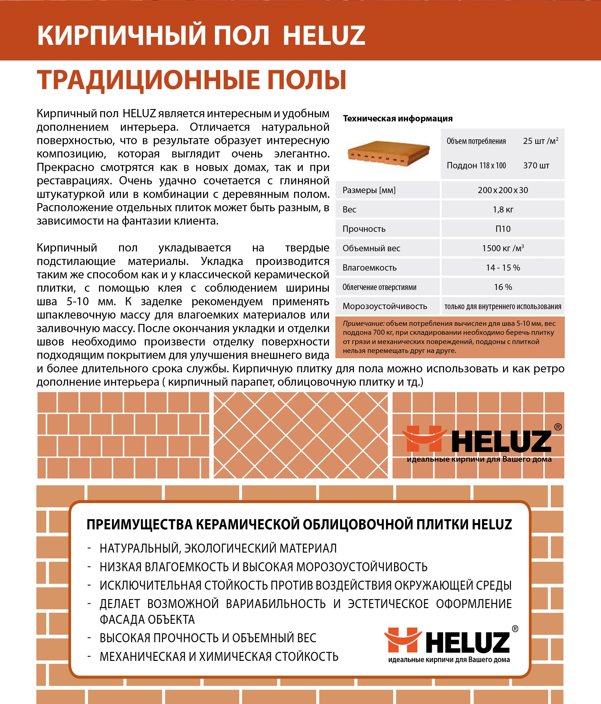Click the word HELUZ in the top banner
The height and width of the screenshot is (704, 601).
(324, 35)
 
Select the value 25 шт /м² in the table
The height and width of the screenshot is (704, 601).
(540, 141)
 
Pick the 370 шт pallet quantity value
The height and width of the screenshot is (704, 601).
(536, 165)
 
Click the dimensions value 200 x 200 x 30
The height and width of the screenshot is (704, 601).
(503, 190)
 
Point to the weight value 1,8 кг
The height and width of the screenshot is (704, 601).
(503, 210)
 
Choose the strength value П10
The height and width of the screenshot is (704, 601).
(503, 229)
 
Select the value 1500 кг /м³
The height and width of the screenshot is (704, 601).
(503, 248)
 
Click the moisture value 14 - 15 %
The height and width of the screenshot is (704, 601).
(503, 268)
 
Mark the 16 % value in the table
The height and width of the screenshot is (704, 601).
(503, 287)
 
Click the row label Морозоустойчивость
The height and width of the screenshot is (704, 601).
(385, 306)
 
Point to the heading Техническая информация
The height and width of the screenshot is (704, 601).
(398, 118)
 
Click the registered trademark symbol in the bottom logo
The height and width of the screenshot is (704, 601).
(515, 629)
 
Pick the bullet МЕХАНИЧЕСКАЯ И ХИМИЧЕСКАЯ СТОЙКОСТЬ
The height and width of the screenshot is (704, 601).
(219, 657)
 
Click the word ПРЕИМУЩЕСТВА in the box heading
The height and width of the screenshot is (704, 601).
(139, 524)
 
